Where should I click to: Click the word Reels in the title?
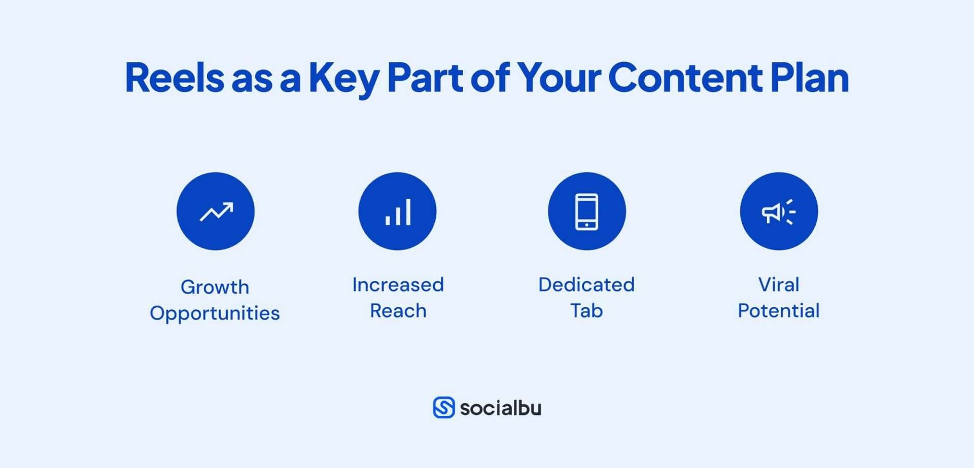point(175,78)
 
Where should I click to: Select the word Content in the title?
point(685,78)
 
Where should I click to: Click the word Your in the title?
point(559,78)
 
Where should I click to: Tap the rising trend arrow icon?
point(216,211)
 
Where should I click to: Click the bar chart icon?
point(398,211)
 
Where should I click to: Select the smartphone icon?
point(586,211)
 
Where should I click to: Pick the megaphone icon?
point(779,211)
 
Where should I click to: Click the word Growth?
point(215,287)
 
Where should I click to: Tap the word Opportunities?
point(215,313)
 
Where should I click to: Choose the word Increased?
point(398,284)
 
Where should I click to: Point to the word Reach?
point(398,311)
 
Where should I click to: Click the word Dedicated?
point(586,284)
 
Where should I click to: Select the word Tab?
point(586,311)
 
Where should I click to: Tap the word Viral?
point(779,284)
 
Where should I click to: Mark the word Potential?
point(779,311)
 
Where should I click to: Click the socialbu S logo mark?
point(444,408)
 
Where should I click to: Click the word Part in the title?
point(425,78)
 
